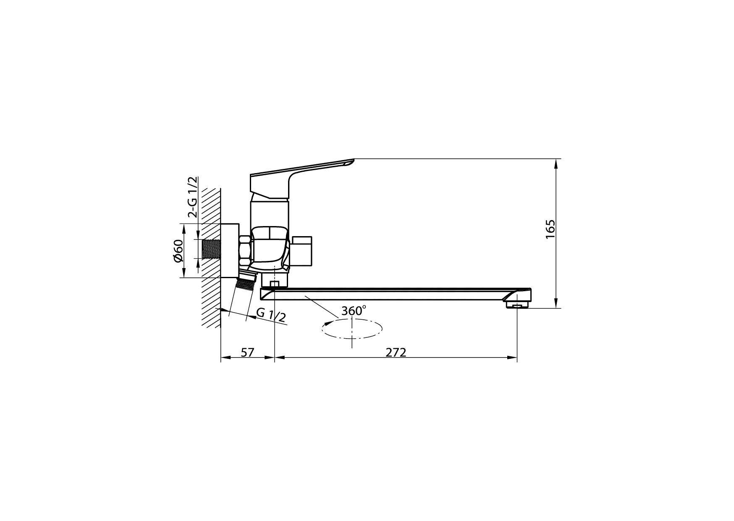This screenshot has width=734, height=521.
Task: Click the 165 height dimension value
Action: point(550,229)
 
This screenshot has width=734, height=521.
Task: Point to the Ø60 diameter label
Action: point(178,251)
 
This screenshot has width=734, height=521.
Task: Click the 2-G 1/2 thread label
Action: point(192,197)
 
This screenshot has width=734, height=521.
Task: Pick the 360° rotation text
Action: point(354,311)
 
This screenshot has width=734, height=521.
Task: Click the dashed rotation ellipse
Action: point(352,329)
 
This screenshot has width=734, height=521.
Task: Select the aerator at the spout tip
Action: point(516,305)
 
